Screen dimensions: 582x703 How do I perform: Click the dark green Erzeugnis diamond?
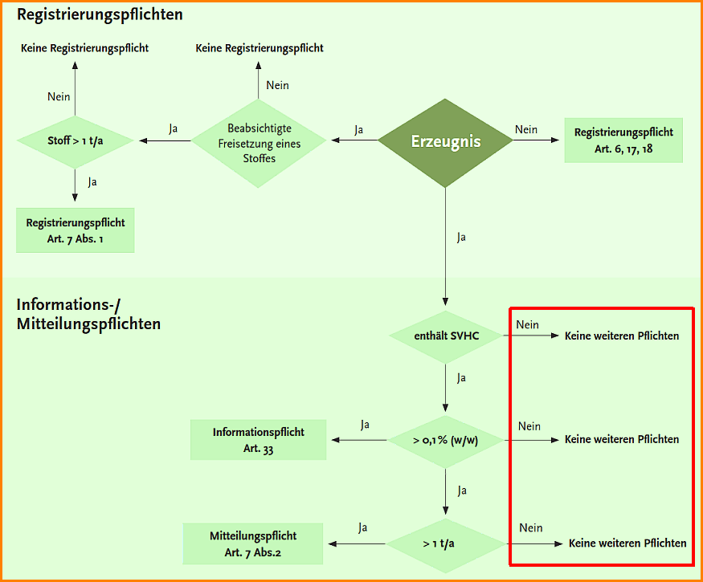click(x=445, y=141)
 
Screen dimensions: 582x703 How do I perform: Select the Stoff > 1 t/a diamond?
click(x=75, y=141)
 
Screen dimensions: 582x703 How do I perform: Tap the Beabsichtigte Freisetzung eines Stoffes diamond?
click(x=259, y=143)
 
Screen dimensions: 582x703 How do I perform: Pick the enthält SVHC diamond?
click(x=446, y=336)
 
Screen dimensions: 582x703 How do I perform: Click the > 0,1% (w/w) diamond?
click(x=446, y=440)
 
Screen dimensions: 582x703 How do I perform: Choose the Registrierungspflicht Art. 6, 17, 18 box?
click(x=623, y=140)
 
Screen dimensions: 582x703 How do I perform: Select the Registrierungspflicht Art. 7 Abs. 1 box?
click(x=75, y=230)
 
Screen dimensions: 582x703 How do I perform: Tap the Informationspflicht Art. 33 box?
click(x=258, y=439)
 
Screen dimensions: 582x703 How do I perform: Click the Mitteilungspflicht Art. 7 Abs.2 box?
click(x=253, y=543)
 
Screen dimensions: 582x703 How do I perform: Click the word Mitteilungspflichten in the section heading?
click(x=88, y=324)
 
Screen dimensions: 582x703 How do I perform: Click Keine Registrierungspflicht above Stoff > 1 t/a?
click(x=84, y=48)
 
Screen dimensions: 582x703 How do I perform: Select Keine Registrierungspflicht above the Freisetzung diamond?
click(x=260, y=48)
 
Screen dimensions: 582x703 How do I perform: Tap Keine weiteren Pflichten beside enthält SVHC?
click(x=621, y=336)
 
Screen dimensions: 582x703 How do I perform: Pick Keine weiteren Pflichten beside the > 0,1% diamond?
click(x=621, y=439)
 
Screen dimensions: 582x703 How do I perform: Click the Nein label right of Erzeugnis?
click(x=526, y=129)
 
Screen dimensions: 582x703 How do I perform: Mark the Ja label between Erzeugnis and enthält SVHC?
click(x=461, y=237)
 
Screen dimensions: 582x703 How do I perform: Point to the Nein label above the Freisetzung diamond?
click(x=277, y=86)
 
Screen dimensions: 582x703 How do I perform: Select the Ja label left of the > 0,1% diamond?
click(x=365, y=425)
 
